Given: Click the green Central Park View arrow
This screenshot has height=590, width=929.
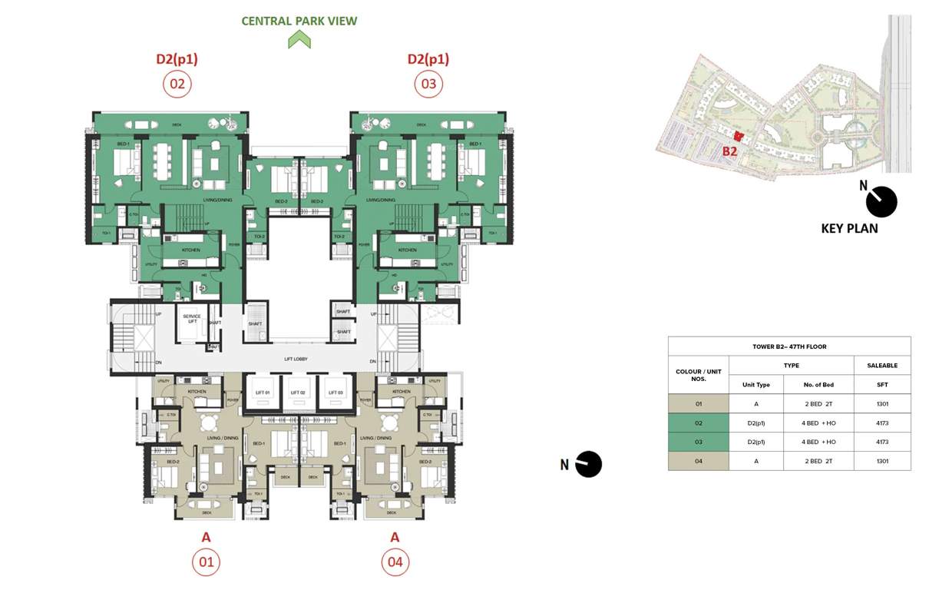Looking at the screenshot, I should click(x=299, y=40).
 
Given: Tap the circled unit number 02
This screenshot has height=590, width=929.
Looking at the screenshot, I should click(x=177, y=84).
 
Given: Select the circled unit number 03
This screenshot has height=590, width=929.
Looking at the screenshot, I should click(x=428, y=84).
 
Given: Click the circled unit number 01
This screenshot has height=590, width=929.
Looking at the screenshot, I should click(x=207, y=562).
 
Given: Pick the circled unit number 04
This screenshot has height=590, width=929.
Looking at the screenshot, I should click(x=395, y=562).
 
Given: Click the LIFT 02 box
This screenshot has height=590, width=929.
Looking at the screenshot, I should click(x=298, y=393).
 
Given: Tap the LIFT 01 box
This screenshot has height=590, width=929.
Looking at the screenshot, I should click(x=263, y=393).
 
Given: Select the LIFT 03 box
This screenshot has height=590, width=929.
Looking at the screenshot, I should click(x=336, y=393).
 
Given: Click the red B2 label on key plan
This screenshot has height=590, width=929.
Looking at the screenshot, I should click(x=729, y=151).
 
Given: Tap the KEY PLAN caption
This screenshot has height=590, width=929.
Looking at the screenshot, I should click(x=849, y=228).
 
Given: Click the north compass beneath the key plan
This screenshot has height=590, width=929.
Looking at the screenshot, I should click(x=881, y=202).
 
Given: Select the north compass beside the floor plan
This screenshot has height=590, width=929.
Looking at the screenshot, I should click(x=588, y=464).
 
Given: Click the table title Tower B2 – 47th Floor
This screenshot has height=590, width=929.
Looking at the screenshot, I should click(x=789, y=346).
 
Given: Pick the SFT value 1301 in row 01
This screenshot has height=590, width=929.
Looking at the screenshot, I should click(x=882, y=404).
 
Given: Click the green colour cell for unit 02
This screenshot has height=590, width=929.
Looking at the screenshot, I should click(x=698, y=423).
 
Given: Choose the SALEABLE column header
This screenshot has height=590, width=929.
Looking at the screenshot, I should click(x=882, y=366).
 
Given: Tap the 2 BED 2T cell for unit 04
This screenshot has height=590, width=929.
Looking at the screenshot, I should click(x=818, y=461).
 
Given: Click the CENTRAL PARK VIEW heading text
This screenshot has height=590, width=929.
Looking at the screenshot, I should click(x=299, y=21).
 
